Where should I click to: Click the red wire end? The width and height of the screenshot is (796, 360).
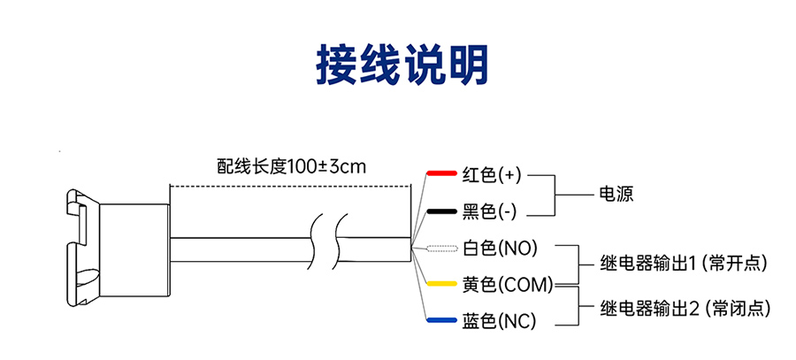(x=440, y=173)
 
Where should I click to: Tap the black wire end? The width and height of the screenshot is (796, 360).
(x=440, y=212)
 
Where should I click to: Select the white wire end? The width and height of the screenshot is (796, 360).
(x=440, y=249)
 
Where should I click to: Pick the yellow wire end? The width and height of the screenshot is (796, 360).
(x=440, y=285)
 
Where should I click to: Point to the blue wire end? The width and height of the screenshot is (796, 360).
(x=440, y=321)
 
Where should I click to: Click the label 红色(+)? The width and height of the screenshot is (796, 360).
(x=492, y=174)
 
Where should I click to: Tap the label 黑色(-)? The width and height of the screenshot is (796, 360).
(x=489, y=212)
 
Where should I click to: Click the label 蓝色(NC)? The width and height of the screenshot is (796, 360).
(x=499, y=321)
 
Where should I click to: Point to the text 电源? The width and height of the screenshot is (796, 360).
(x=616, y=194)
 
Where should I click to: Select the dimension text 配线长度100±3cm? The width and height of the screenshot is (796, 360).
(x=291, y=165)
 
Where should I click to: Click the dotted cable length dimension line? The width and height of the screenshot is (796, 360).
(x=291, y=186)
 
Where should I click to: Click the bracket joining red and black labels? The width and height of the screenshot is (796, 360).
(x=554, y=194)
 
